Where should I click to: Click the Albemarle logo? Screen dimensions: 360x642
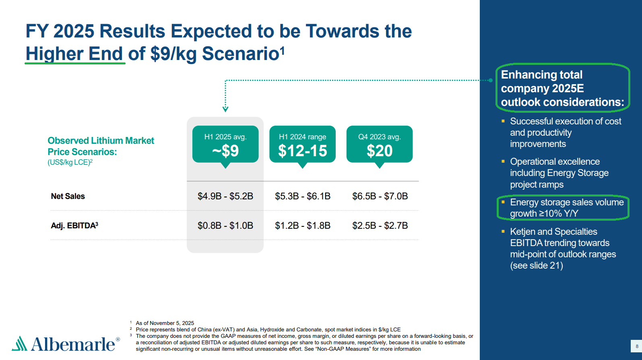[x=66, y=344]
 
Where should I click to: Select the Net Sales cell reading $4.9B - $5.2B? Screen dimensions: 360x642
[x=225, y=196]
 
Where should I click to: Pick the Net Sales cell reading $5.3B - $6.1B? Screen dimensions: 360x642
[x=303, y=196]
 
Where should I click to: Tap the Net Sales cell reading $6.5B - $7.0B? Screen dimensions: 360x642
[x=380, y=196]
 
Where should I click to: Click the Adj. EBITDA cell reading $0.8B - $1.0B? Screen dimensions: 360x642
[x=225, y=226]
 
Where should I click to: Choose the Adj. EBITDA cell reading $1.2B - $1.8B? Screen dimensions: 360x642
[x=303, y=226]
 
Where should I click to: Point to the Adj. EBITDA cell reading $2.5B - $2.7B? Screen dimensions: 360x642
[x=380, y=226]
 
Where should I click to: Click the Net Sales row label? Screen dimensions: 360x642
[x=68, y=196]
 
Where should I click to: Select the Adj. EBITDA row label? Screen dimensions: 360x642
[x=74, y=226]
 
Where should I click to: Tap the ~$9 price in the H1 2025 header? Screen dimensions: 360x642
[x=225, y=151]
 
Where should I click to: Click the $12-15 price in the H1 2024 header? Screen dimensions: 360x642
[x=303, y=151]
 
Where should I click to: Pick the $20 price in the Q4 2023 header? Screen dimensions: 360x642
[x=380, y=151]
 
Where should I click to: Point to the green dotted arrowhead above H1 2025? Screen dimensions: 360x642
[x=225, y=109]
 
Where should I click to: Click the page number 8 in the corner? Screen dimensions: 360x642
[x=637, y=346]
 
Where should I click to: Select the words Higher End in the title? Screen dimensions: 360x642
[x=74, y=54]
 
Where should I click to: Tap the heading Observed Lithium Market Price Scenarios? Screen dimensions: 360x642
[x=101, y=146]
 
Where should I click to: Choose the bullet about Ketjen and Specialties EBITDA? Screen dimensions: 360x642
[x=563, y=248]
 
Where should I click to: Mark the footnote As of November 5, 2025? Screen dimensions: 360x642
[x=165, y=323]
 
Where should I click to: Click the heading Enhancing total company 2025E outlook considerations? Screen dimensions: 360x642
[x=562, y=88]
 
